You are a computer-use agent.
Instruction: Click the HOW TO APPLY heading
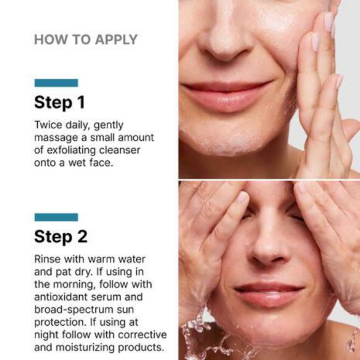[x=86, y=40]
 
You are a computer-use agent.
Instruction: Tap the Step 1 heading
[x=59, y=102]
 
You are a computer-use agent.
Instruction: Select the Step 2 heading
[x=61, y=236]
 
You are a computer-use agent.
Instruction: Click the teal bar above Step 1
[x=56, y=83]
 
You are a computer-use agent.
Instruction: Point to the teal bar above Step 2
[x=56, y=217]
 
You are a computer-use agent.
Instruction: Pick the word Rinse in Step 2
[x=47, y=259]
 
